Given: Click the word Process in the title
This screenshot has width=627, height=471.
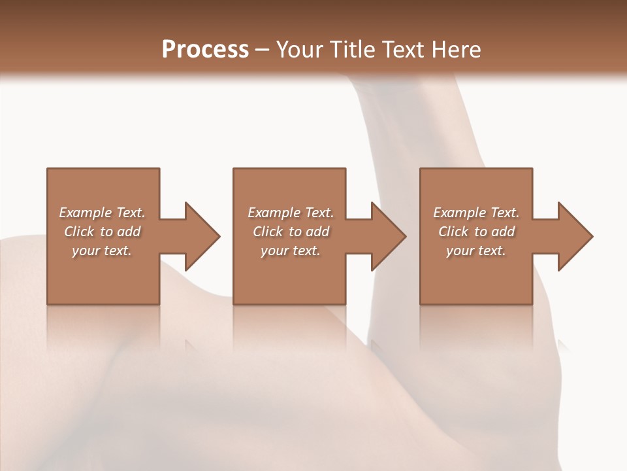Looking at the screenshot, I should tap(205, 50).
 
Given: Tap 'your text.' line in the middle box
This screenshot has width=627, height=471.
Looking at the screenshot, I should tap(290, 251).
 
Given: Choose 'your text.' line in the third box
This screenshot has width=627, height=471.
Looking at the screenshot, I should tap(475, 251).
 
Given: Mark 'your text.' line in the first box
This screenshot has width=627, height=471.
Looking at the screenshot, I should tap(101, 251).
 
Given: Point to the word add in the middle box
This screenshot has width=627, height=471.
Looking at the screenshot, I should tap(317, 232).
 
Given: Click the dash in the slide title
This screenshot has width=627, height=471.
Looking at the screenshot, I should tap(263, 50).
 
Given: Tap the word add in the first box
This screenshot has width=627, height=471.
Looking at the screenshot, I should tap(128, 232).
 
